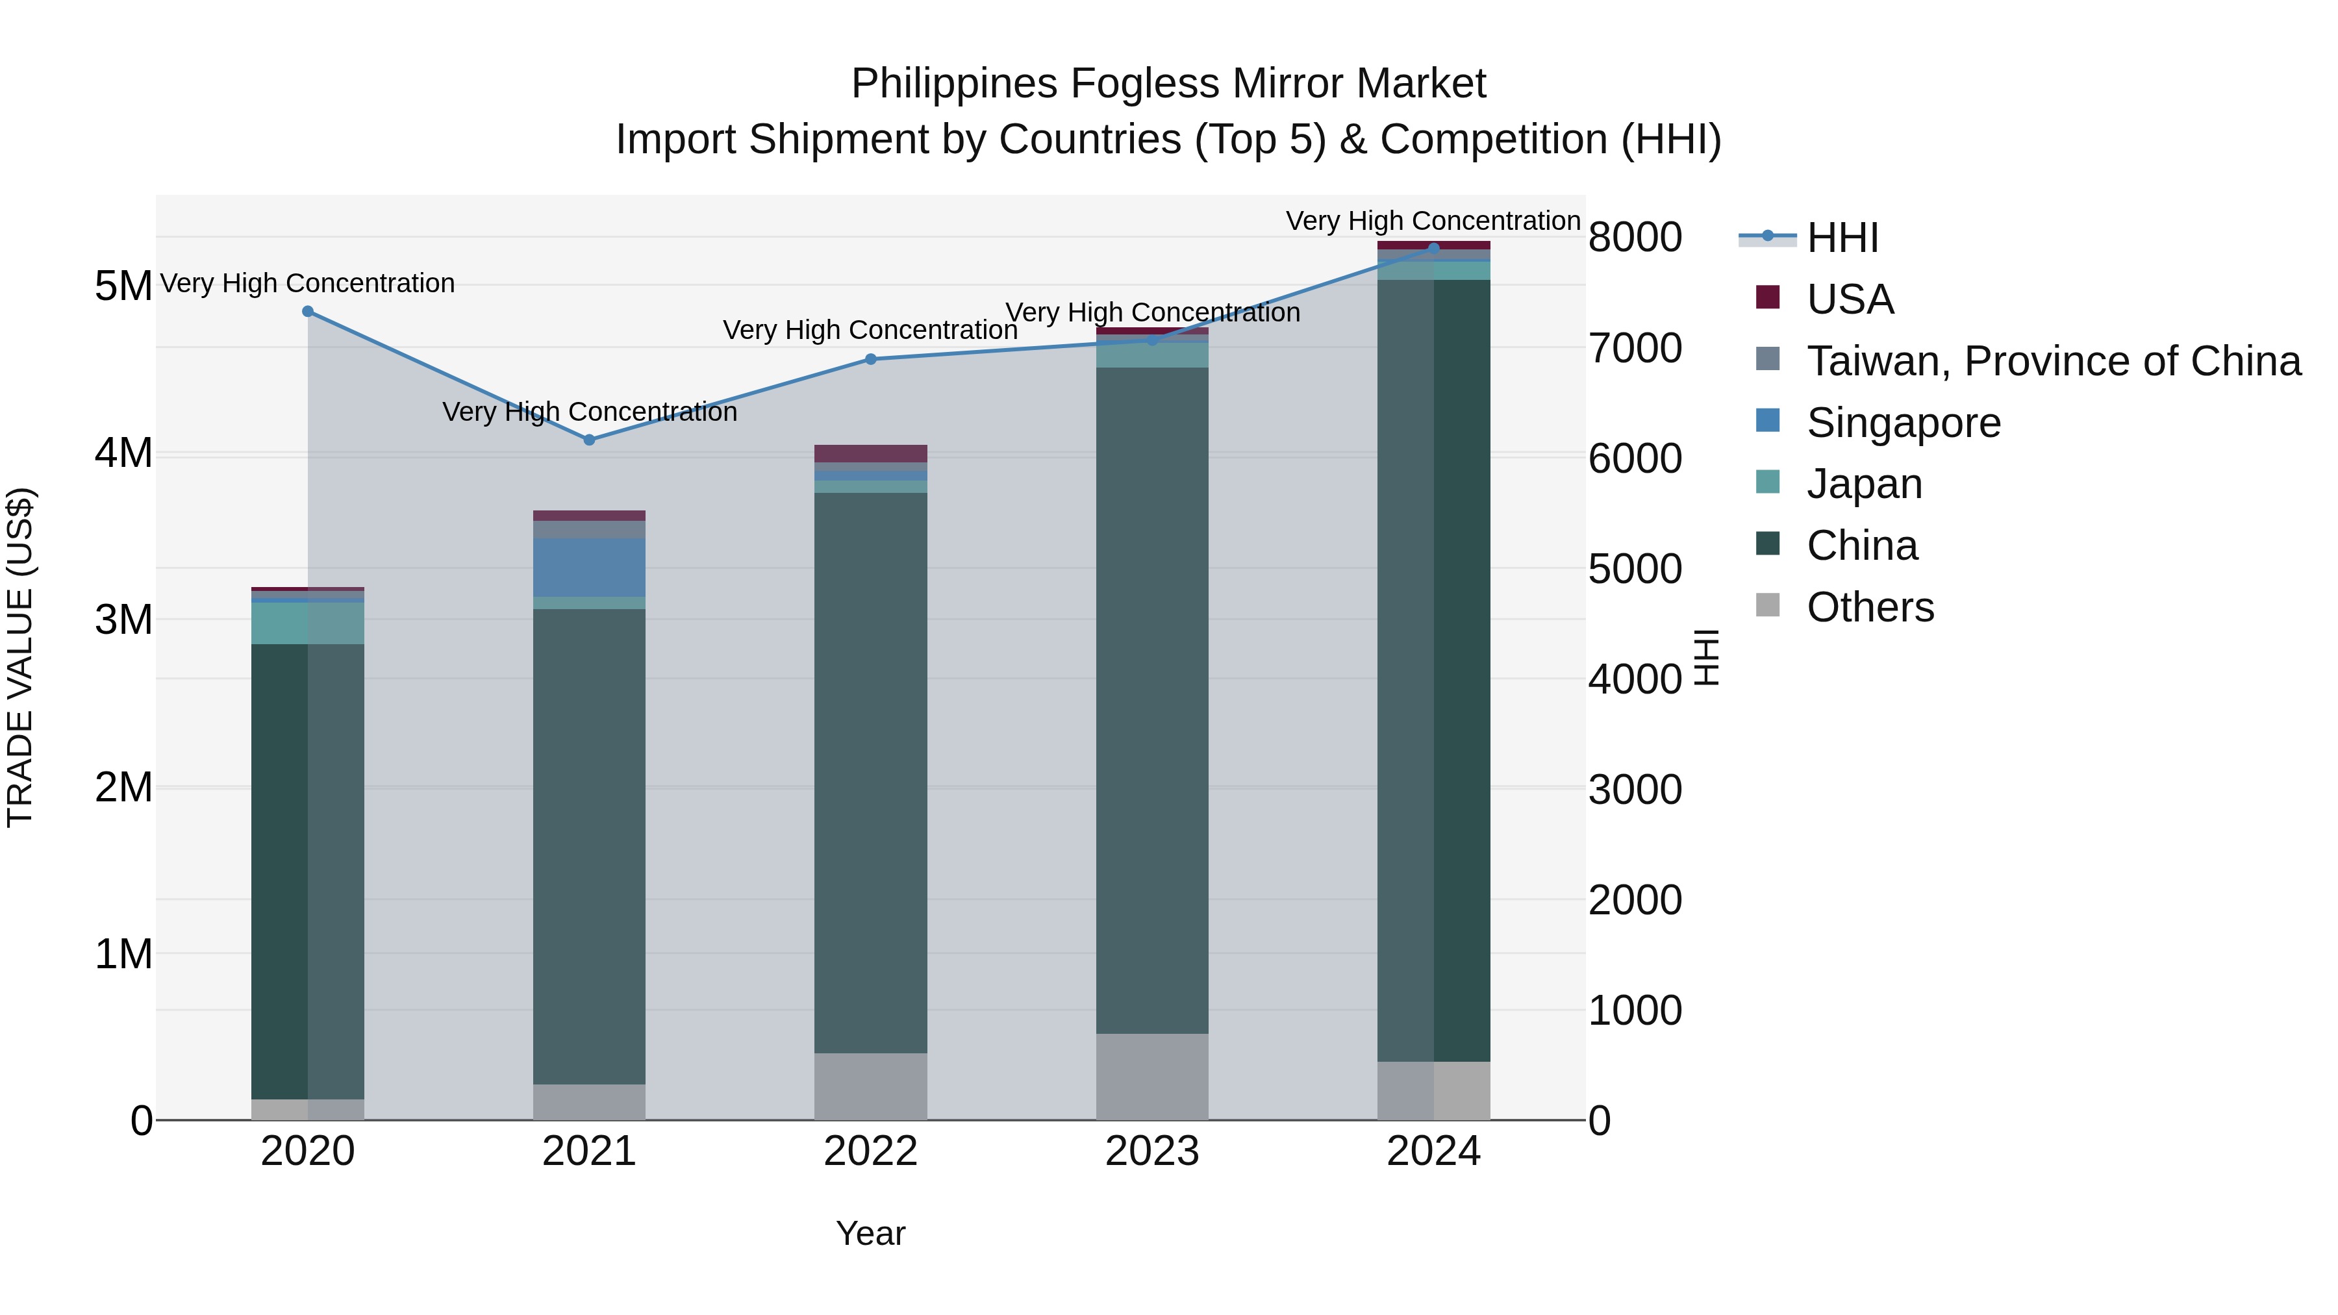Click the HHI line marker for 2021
(589, 439)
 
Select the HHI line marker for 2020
(308, 311)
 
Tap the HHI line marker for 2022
(870, 359)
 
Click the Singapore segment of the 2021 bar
(589, 567)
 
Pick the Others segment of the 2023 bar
(1151, 1076)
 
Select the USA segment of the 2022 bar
(870, 454)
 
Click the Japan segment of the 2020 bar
(308, 623)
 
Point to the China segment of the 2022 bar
(870, 772)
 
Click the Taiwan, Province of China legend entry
(2053, 361)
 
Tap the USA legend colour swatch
(1768, 297)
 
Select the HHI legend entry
(1842, 238)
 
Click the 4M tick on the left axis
(123, 453)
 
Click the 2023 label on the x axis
(1151, 1151)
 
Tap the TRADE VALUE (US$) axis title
(20, 658)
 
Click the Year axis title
(870, 1233)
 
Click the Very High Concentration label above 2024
(1433, 221)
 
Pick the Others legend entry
(1870, 607)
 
